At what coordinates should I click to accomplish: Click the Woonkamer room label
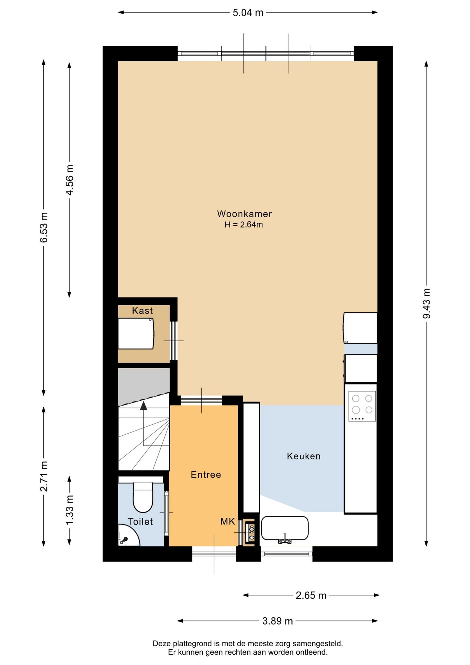point(244,214)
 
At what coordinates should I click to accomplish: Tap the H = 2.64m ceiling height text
point(244,224)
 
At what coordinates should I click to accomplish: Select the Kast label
point(142,310)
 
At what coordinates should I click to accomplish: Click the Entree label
point(206,475)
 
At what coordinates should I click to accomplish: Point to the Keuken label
point(304,456)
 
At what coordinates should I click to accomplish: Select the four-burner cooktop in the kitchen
point(362,406)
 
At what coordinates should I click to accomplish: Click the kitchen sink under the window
point(284,529)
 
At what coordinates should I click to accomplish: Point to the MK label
point(228,521)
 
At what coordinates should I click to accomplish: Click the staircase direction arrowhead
point(143,406)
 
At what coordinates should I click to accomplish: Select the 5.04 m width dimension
point(248,13)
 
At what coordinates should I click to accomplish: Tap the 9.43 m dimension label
point(426,303)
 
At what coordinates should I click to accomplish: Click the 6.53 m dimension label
point(44,227)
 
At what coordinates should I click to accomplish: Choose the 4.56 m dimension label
point(69,180)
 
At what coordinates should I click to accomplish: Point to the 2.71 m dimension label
point(44,477)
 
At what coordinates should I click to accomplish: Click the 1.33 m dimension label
point(69,510)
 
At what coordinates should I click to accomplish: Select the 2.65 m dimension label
point(311,595)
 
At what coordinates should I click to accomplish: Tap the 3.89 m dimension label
point(278,621)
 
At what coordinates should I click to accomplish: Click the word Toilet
point(140,522)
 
